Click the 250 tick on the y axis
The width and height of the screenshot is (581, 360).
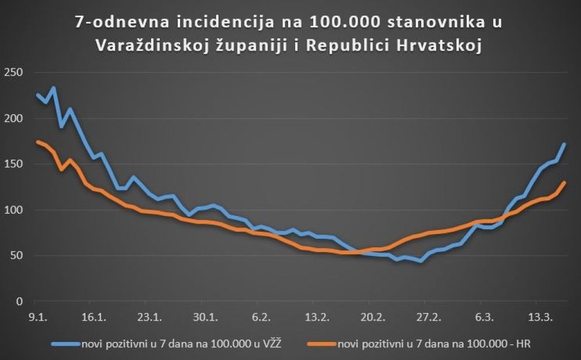pos(13,73)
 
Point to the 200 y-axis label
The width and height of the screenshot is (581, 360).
pos(13,118)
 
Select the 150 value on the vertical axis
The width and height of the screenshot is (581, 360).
pos(13,164)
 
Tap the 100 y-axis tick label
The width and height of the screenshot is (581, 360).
pos(13,210)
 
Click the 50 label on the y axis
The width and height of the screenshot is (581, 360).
pos(15,256)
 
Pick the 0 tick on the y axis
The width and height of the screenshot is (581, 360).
pos(18,302)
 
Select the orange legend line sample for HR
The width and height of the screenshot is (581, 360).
pos(321,343)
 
